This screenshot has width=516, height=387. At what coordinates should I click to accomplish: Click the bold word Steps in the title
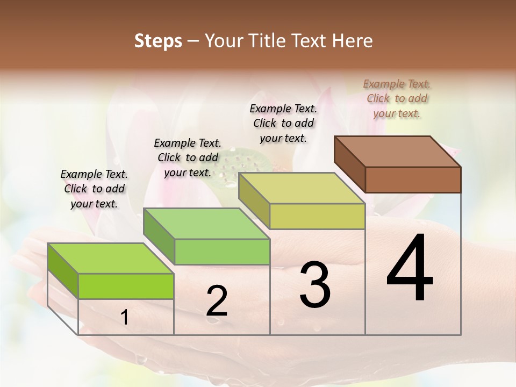(x=157, y=41)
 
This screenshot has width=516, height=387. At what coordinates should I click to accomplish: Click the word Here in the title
(x=352, y=41)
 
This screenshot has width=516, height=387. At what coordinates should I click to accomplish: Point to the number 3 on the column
(x=315, y=285)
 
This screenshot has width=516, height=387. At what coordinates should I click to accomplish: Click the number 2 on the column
(x=217, y=300)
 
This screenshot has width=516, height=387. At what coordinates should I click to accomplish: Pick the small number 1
(x=125, y=318)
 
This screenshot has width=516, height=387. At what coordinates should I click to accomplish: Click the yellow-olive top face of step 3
(x=302, y=188)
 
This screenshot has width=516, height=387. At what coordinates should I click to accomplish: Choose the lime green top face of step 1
(x=111, y=259)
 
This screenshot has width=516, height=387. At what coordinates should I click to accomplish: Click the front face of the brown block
(x=413, y=180)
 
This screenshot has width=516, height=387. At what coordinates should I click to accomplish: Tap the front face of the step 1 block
(x=126, y=286)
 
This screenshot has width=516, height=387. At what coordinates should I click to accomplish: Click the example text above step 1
(x=94, y=189)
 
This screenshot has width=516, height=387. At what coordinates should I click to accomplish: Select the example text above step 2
(x=188, y=157)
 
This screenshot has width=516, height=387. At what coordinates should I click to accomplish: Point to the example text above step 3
(x=283, y=123)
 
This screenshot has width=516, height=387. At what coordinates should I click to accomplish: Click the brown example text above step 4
(x=397, y=98)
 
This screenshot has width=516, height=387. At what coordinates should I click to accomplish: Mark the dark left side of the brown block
(x=350, y=163)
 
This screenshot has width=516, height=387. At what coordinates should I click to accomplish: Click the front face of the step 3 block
(x=317, y=216)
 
